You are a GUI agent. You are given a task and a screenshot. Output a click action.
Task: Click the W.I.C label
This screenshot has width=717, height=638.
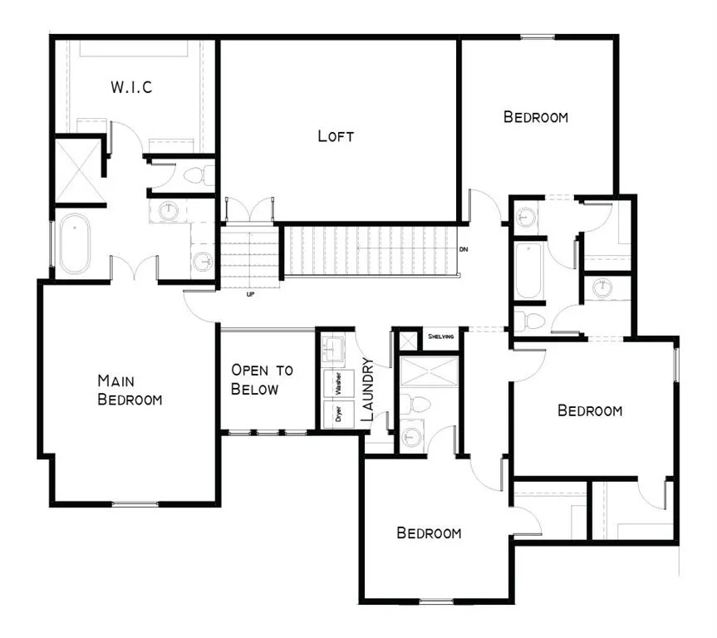132,87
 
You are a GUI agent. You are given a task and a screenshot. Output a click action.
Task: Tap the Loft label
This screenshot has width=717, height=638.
336,136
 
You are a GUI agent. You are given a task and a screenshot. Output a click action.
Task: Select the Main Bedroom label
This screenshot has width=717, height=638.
130,390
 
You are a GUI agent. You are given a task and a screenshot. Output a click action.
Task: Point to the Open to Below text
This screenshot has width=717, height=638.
262,379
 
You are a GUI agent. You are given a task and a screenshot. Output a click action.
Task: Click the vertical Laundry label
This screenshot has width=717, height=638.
368,390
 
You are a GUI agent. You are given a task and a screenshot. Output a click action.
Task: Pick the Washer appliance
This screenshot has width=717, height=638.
338,384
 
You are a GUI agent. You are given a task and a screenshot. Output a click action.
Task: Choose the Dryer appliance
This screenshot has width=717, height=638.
338,415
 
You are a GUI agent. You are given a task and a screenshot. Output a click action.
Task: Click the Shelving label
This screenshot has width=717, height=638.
441,336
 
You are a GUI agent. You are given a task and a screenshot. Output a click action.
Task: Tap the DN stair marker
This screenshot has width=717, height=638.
464,249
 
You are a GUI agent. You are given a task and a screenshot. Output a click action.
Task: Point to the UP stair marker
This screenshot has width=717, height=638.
250,295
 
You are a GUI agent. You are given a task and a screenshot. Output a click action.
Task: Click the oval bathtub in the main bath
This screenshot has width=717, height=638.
76,243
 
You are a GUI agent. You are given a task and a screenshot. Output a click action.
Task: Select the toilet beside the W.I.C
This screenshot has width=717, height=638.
199,175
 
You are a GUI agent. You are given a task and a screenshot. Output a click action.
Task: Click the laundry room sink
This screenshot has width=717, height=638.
333,349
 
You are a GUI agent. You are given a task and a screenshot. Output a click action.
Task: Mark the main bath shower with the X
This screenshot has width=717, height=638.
78,170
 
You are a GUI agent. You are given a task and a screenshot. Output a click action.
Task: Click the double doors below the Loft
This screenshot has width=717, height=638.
250,211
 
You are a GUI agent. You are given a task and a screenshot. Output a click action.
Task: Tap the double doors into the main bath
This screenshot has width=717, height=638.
134,268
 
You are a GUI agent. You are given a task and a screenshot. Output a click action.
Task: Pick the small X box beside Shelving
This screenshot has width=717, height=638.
408,341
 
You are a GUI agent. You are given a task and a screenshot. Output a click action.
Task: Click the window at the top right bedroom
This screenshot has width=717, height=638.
538,37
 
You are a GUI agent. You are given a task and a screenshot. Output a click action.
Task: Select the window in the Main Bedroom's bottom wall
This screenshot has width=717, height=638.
135,504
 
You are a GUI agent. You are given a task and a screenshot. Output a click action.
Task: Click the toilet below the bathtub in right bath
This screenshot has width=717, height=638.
529,321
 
